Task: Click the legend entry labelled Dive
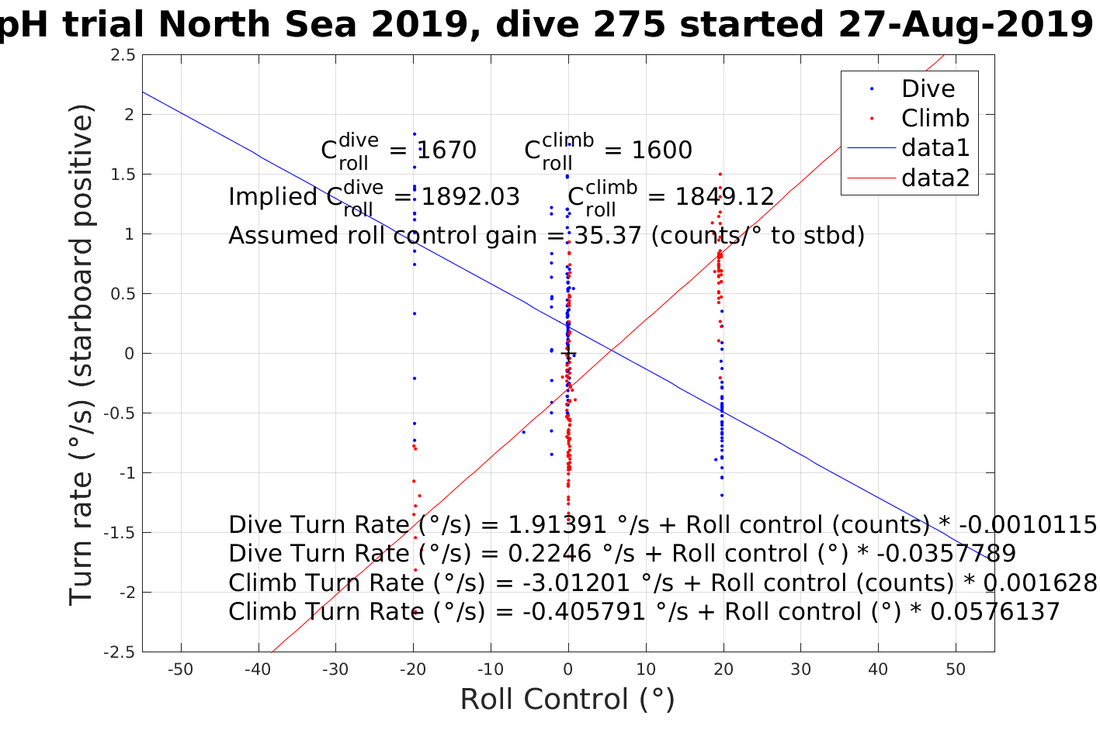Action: (928, 89)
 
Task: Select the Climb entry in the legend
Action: (935, 119)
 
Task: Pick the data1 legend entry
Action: (935, 148)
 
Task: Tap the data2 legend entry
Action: (935, 178)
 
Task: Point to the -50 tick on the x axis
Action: (181, 669)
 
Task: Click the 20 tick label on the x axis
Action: (724, 669)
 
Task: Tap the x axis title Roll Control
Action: (567, 700)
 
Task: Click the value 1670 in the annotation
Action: (446, 150)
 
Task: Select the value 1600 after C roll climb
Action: (661, 150)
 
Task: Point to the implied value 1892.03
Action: (470, 197)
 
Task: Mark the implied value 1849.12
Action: (724, 197)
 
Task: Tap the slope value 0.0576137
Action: (994, 612)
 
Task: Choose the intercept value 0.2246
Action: (544, 554)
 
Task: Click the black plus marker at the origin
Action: (568, 354)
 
